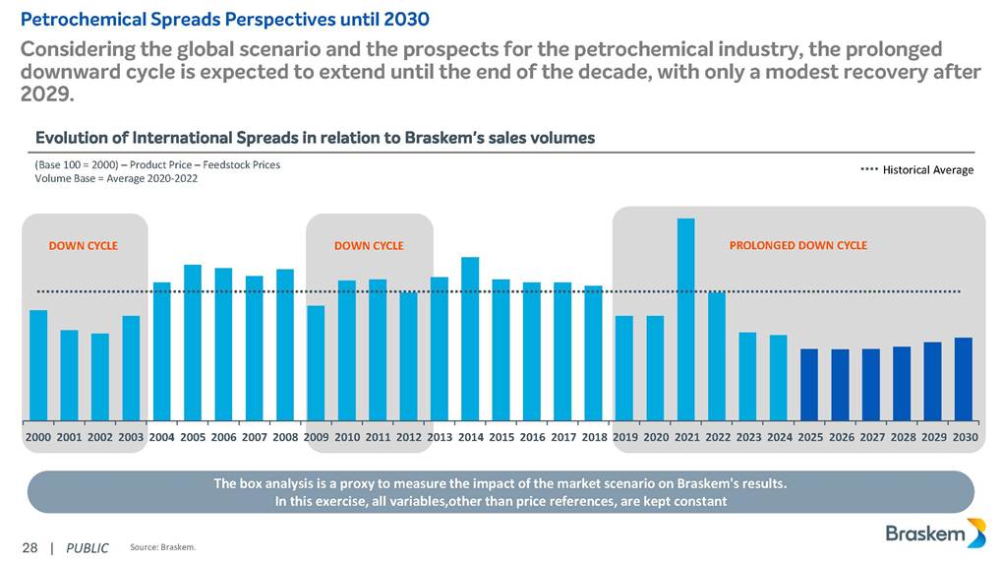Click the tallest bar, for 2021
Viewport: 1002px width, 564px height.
(685, 319)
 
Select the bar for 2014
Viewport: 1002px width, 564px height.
(470, 339)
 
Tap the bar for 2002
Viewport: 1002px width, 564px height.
(100, 377)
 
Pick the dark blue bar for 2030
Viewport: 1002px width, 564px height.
(964, 379)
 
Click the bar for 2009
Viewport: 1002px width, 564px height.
(316, 363)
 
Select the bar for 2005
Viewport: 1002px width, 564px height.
(193, 343)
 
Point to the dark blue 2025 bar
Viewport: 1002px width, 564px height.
(809, 384)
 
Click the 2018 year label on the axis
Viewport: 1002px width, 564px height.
(594, 436)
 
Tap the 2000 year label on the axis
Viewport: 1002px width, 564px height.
(38, 436)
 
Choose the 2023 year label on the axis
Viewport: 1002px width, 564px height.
(748, 436)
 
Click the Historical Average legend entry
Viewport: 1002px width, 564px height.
(916, 170)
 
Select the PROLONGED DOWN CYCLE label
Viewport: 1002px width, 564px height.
(798, 245)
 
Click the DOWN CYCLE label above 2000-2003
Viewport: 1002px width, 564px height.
(83, 246)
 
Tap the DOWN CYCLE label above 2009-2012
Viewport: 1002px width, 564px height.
(369, 246)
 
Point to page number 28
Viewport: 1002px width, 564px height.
(29, 547)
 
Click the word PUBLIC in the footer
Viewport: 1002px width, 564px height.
(87, 547)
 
